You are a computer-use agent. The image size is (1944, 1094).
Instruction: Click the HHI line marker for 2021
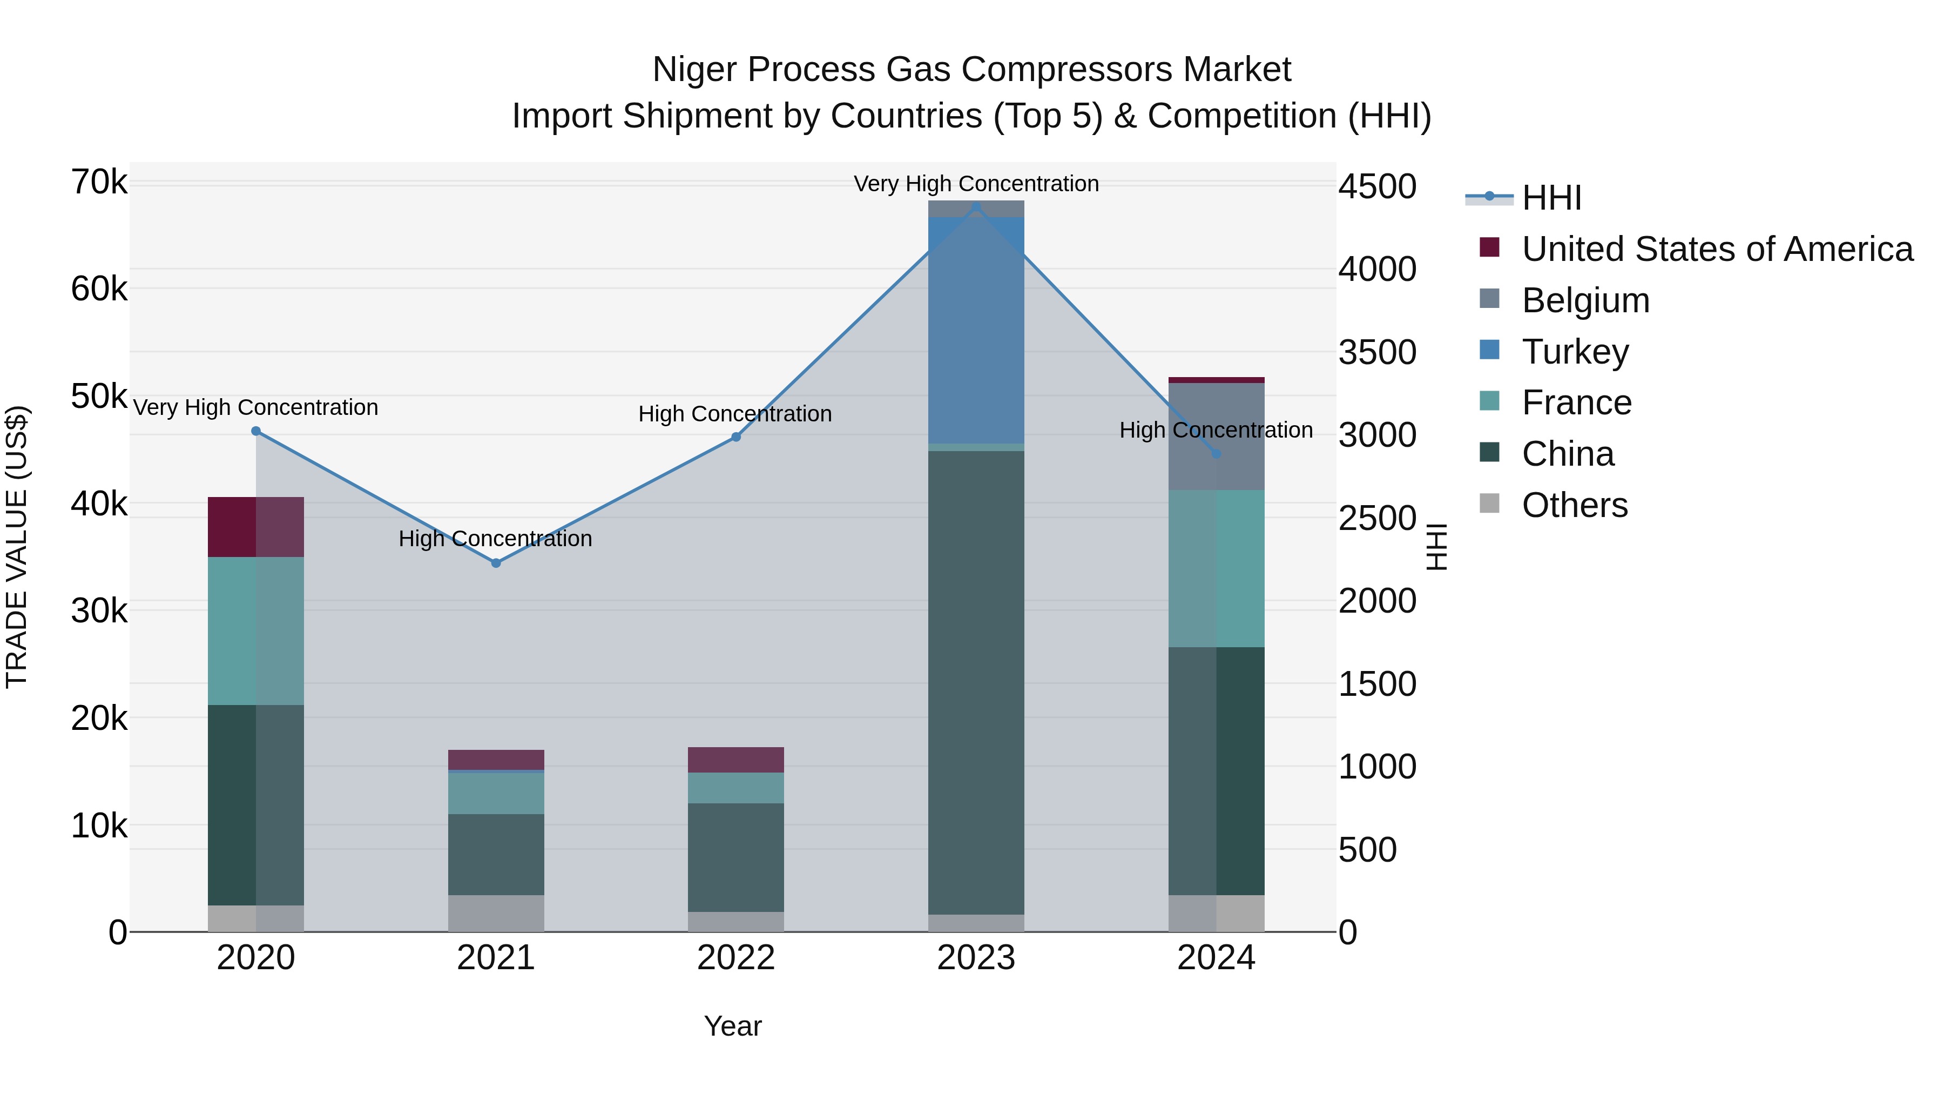(x=496, y=563)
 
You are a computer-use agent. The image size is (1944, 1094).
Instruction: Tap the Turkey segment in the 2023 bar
(x=976, y=330)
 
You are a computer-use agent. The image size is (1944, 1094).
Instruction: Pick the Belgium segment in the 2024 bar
(x=1216, y=437)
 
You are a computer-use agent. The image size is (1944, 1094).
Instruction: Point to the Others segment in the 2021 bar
(x=496, y=913)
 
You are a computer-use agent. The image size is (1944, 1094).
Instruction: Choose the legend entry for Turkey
(x=1575, y=352)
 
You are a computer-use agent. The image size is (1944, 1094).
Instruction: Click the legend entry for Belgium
(x=1585, y=300)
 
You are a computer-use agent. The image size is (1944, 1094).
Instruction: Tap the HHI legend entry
(x=1551, y=198)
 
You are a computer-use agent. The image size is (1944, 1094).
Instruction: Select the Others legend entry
(x=1574, y=505)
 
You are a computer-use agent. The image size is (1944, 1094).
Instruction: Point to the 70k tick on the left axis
(x=99, y=182)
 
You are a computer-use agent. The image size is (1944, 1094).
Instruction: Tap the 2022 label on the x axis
(x=736, y=958)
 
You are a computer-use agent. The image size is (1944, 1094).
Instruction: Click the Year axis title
(x=733, y=1026)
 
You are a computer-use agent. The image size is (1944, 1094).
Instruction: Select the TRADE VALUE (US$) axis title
(x=17, y=547)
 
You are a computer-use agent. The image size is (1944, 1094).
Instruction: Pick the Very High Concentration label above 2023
(x=976, y=184)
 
